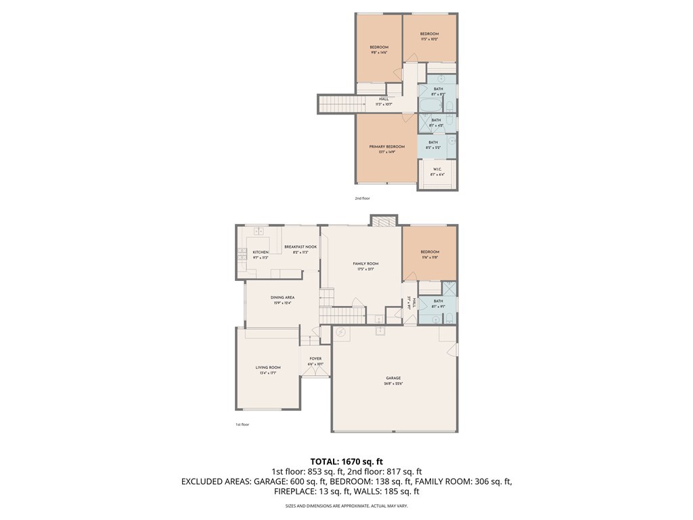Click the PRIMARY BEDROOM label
tap(386, 147)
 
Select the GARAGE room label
tap(393, 378)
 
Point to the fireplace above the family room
tap(383, 221)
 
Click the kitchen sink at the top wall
tap(258, 232)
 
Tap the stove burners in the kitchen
tap(242, 254)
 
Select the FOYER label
tap(315, 358)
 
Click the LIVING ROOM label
tap(268, 367)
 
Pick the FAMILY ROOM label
tap(365, 263)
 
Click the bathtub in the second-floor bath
tap(430, 106)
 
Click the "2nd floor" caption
tap(362, 198)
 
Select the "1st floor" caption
tap(242, 425)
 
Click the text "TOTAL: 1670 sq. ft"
tap(346, 460)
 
